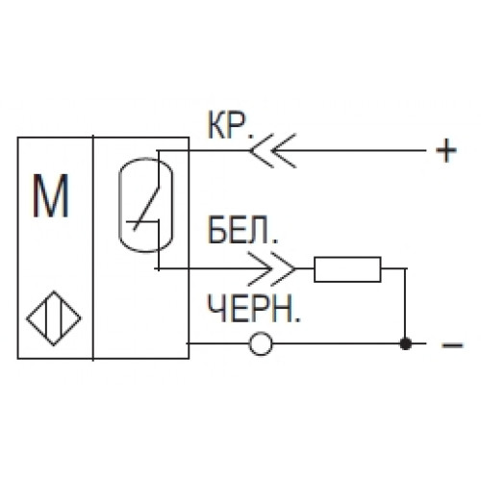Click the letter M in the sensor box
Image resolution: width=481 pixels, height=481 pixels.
[x=51, y=196]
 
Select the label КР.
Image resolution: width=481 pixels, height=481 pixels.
[x=230, y=125]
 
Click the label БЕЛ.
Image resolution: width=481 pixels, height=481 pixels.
[x=242, y=229]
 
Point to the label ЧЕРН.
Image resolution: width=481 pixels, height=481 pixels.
[x=253, y=308]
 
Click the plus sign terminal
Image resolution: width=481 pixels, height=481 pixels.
[x=446, y=150]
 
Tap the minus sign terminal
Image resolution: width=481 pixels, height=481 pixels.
[x=452, y=345]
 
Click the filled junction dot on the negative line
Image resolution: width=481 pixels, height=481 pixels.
[x=406, y=343]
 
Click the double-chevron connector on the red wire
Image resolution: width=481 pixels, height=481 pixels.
[x=272, y=150]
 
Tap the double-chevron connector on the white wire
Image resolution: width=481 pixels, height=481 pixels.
[x=272, y=268]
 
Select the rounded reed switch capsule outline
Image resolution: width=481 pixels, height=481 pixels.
[x=119, y=205]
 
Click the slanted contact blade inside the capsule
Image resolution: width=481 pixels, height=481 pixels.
[x=146, y=209]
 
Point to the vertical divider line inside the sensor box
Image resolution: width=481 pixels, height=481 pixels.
[x=93, y=248]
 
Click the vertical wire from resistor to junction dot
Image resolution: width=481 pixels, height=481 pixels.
[x=406, y=306]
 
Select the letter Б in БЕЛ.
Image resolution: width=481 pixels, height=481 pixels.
[x=217, y=230]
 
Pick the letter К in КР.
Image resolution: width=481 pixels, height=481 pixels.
[x=218, y=125]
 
